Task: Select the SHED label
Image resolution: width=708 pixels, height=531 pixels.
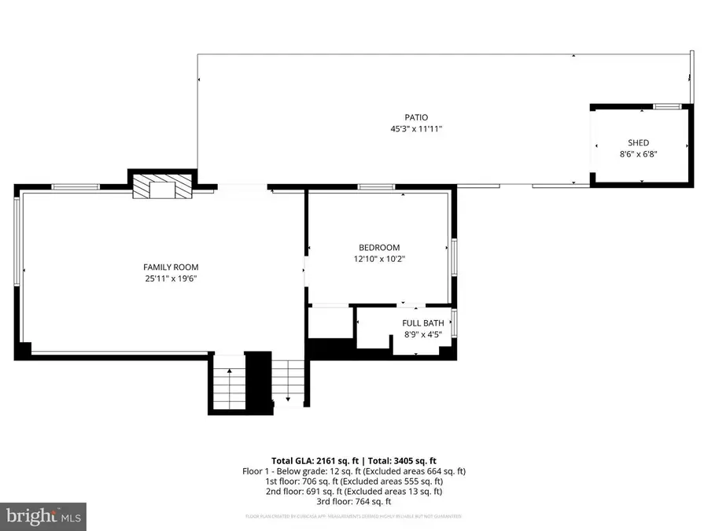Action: click(x=638, y=142)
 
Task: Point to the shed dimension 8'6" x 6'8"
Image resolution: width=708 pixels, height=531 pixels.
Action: click(x=638, y=154)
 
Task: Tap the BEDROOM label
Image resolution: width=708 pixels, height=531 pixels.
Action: click(x=379, y=247)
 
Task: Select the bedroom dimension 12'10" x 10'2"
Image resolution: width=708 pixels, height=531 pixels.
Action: click(x=379, y=259)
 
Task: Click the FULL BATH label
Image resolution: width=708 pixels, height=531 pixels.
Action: click(x=423, y=323)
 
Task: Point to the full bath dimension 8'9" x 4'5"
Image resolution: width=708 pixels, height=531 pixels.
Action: click(x=423, y=334)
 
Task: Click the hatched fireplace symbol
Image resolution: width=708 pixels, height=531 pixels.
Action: click(x=162, y=187)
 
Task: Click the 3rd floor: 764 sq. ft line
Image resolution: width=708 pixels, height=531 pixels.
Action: click(x=354, y=502)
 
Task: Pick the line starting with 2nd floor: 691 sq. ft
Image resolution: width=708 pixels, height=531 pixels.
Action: click(x=354, y=492)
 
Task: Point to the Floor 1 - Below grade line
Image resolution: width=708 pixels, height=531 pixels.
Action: click(x=354, y=471)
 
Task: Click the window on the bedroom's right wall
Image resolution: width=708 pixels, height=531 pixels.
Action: click(x=454, y=257)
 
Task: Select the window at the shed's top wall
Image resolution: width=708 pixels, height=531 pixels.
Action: click(x=667, y=105)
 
